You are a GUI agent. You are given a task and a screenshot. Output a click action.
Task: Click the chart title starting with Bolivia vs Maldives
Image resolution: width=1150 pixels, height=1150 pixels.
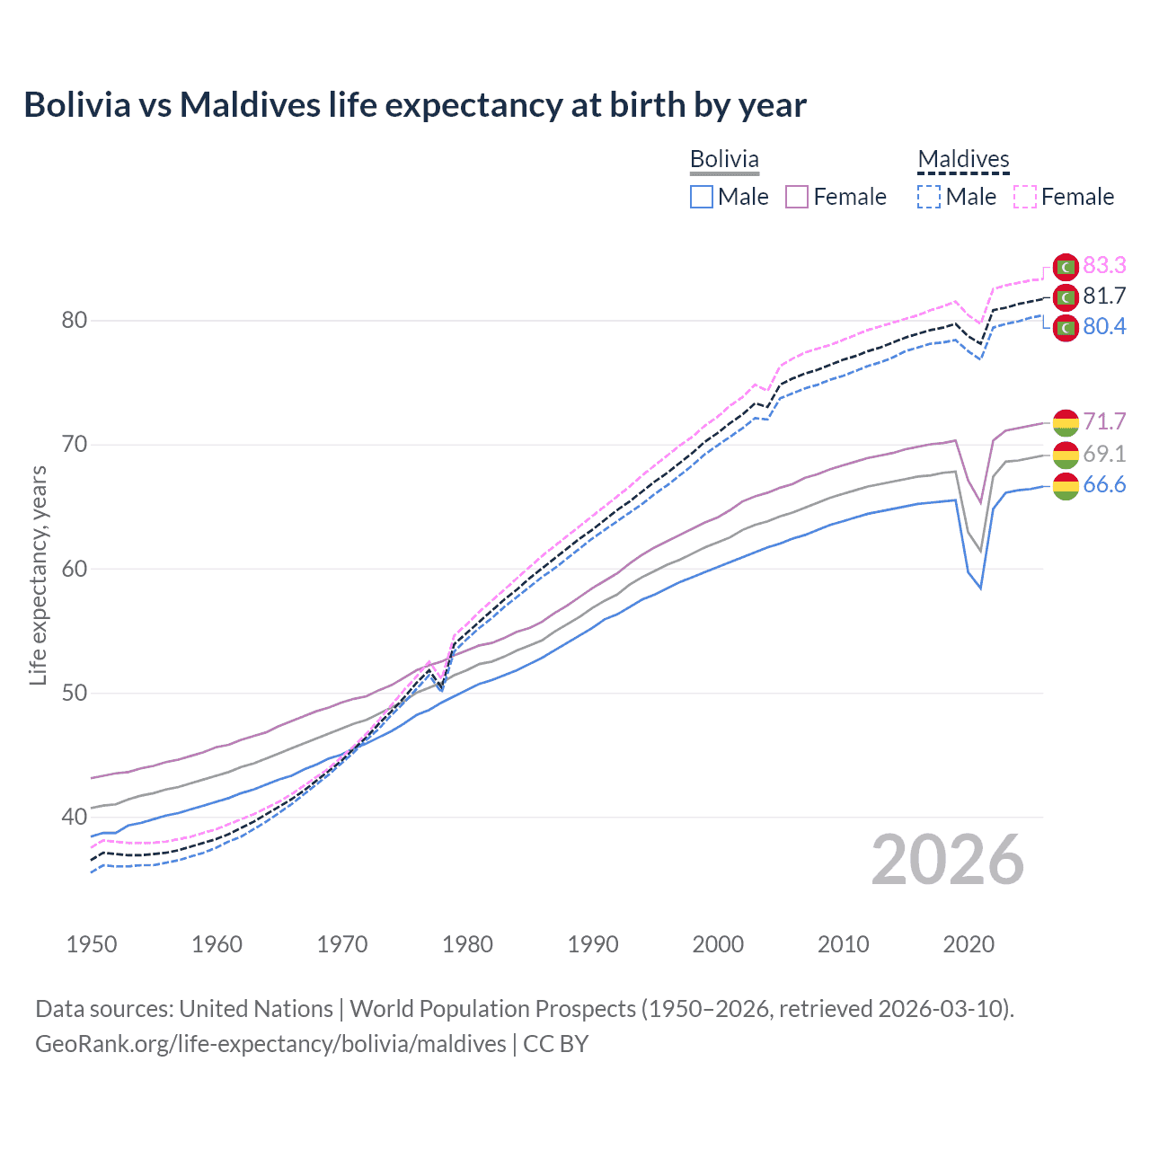[415, 105]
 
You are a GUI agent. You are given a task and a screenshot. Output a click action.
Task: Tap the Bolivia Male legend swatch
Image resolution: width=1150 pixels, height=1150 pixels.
[702, 197]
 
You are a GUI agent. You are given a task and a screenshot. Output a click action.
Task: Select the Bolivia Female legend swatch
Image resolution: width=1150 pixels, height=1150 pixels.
[797, 197]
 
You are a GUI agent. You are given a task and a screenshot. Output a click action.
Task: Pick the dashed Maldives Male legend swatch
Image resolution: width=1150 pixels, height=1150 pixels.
[929, 197]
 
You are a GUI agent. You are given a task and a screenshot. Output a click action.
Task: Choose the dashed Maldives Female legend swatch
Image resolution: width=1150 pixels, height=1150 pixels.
[1025, 197]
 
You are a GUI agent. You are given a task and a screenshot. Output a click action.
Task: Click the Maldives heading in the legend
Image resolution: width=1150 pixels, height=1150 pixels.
[963, 159]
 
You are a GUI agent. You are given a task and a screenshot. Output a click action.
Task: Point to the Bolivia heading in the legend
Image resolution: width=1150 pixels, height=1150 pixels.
[724, 159]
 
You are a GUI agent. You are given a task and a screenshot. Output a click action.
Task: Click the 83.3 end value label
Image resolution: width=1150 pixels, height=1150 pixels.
[1104, 265]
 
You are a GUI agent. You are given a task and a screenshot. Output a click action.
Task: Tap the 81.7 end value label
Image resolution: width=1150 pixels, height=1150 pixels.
[1104, 296]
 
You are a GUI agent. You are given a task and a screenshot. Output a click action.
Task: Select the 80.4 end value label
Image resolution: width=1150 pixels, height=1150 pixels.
[1104, 326]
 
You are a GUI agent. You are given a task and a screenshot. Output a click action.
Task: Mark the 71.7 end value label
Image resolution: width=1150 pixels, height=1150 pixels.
[1104, 421]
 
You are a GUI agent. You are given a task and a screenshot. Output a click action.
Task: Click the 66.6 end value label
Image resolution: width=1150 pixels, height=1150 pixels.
[1104, 485]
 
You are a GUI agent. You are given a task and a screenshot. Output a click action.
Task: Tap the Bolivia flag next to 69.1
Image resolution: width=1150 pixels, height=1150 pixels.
[1066, 455]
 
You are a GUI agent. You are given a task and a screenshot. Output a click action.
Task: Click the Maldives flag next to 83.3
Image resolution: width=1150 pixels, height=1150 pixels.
[1066, 267]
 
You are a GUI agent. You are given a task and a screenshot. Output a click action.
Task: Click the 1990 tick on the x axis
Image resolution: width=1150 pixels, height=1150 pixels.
[593, 944]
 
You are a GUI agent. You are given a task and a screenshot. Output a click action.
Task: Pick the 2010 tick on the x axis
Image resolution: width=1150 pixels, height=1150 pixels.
[843, 944]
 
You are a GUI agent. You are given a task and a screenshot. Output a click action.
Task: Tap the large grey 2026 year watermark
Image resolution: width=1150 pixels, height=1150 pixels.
[948, 860]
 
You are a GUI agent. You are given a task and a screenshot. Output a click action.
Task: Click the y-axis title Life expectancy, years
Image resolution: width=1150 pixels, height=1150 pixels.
[38, 575]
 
